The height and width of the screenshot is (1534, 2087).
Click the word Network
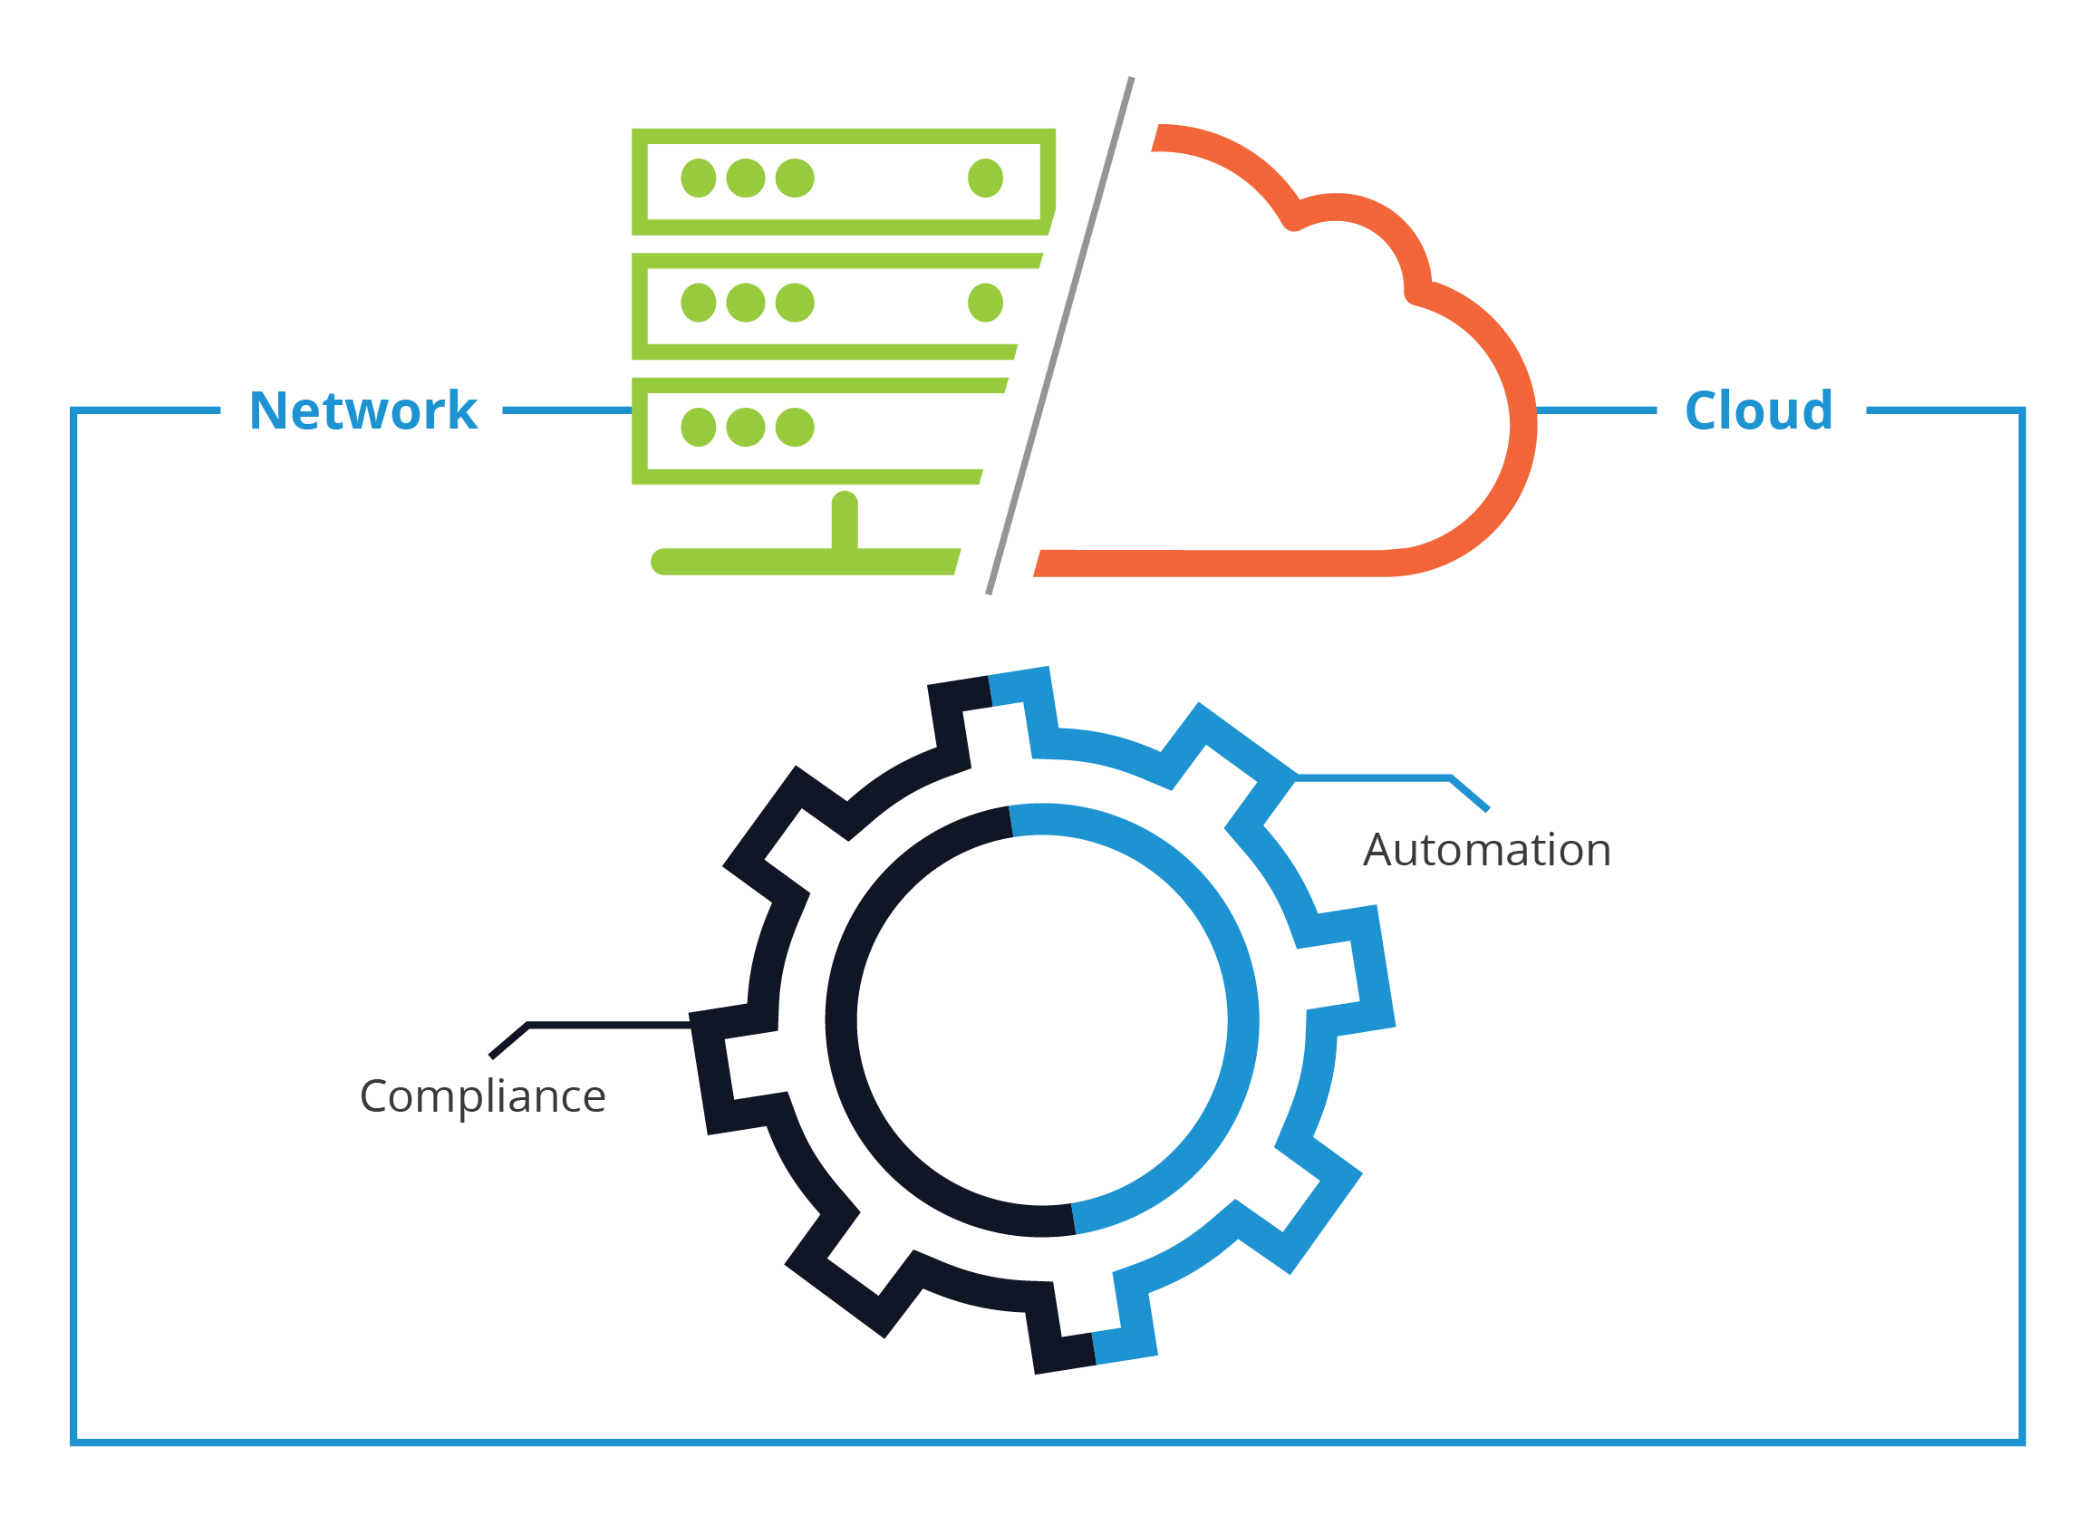[363, 410]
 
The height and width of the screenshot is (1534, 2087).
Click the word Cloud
[1758, 410]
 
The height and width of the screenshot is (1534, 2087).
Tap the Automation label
[1486, 850]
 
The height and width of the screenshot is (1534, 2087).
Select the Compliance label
[483, 1095]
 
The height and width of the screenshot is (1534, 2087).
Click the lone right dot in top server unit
[985, 178]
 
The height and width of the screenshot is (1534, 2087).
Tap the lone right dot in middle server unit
[985, 303]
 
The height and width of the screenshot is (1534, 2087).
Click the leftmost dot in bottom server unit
[699, 427]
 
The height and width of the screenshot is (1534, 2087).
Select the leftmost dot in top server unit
[699, 178]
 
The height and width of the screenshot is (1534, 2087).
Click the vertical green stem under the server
[845, 522]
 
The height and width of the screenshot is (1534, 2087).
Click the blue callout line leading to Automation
[1375, 776]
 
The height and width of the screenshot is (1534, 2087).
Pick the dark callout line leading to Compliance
[608, 1025]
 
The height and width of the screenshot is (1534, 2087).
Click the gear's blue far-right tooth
[1370, 970]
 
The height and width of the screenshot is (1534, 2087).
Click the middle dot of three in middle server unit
[746, 303]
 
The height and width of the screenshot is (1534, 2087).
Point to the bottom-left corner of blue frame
[74, 1442]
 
